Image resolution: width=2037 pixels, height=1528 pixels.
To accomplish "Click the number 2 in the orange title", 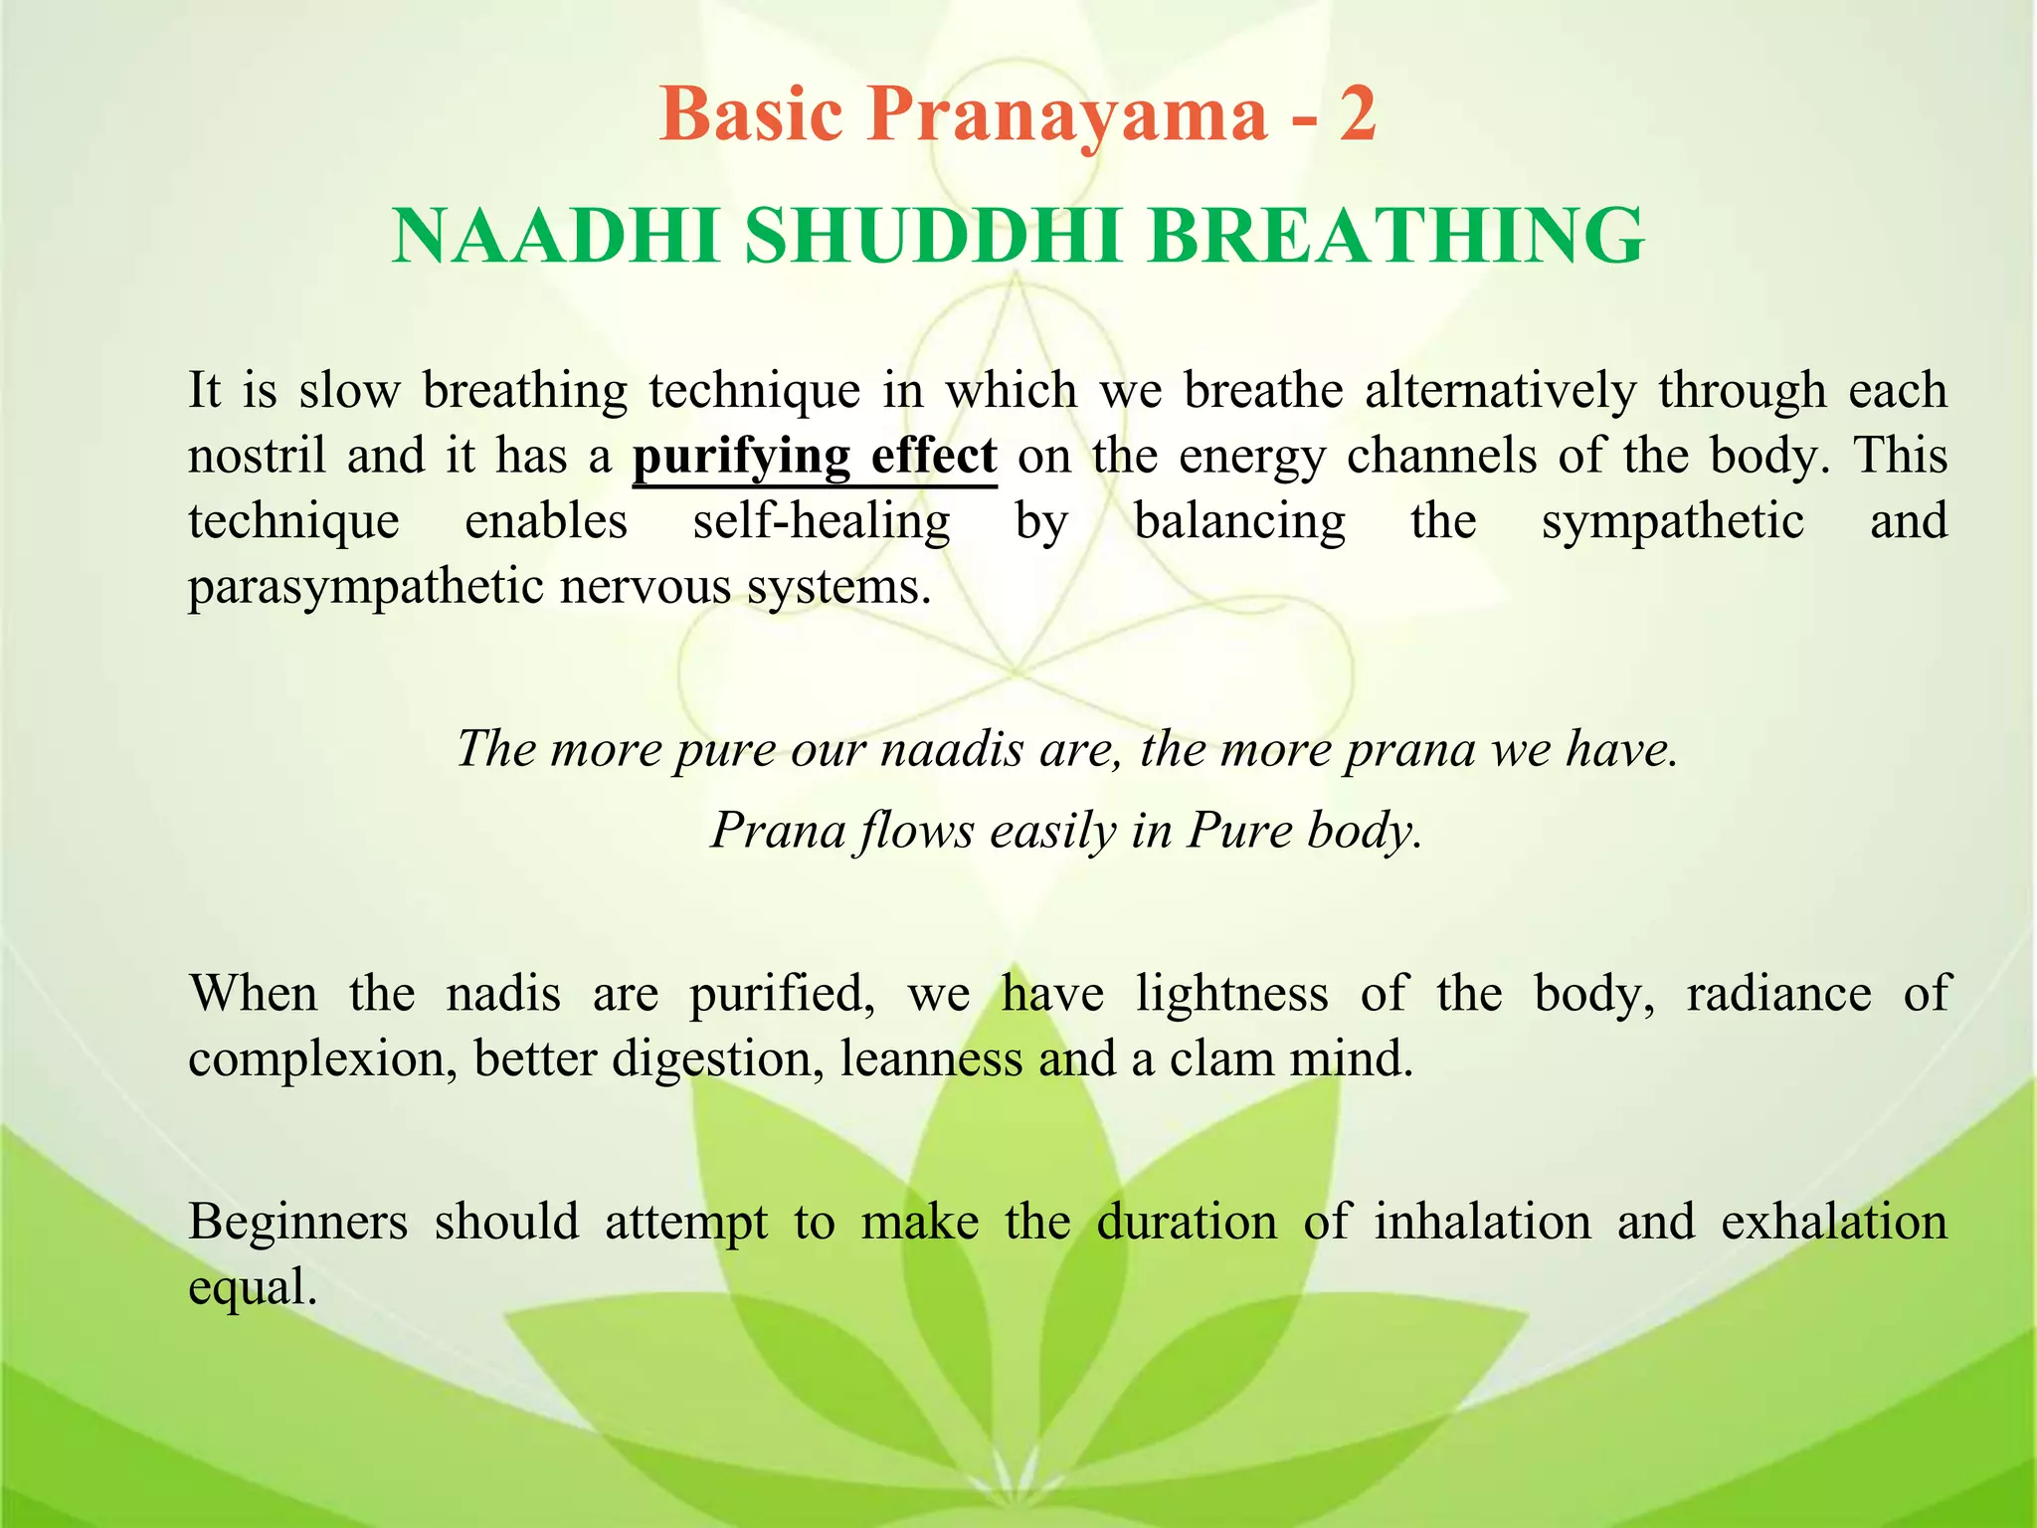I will click(1356, 115).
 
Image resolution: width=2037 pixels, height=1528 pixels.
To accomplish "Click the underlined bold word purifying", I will click(741, 457).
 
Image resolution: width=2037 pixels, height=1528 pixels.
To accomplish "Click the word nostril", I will click(257, 456).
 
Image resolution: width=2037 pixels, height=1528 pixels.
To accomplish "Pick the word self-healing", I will click(821, 521).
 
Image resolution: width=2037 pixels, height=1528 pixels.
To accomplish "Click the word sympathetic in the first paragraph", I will click(1672, 521).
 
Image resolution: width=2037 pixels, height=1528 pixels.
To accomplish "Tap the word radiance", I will click(1778, 993).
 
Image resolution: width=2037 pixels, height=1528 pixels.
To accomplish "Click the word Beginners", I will click(297, 1223).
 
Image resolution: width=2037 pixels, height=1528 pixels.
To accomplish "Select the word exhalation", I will click(1833, 1222).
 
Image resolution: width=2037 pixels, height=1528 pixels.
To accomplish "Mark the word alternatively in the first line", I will click(1499, 390).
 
